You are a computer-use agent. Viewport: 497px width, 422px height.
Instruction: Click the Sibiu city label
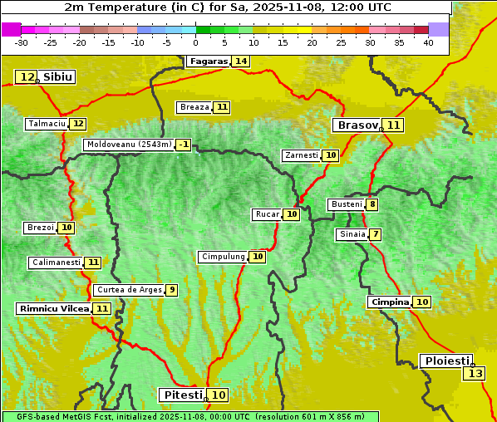click(58, 77)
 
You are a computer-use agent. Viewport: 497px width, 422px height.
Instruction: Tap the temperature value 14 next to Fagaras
click(241, 61)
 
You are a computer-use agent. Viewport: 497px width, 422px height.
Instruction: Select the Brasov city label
click(357, 125)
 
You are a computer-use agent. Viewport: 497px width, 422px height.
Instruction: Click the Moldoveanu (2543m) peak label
click(129, 145)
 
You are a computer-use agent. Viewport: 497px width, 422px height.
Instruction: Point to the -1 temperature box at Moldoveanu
click(183, 145)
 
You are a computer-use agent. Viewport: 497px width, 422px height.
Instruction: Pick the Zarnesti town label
click(301, 155)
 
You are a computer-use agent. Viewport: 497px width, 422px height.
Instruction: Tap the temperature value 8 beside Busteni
click(372, 204)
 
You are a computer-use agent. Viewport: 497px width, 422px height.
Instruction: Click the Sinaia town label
click(352, 234)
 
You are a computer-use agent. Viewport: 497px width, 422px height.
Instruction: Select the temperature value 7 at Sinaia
click(376, 234)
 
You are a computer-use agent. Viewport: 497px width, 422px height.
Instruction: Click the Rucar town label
click(267, 214)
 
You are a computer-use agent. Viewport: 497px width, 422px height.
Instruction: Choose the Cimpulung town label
click(223, 257)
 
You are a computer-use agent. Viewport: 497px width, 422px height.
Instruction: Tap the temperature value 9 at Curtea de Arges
click(171, 290)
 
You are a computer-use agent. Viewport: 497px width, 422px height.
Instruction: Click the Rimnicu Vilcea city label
click(53, 308)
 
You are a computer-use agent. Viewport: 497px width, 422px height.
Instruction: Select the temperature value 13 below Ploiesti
click(475, 374)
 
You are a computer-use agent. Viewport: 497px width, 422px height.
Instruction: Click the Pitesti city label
click(181, 395)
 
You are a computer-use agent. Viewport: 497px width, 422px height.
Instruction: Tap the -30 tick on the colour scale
click(22, 42)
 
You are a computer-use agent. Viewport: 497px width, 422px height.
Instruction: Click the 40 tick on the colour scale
click(428, 42)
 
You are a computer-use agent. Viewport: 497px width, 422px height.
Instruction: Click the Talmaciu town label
click(47, 124)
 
